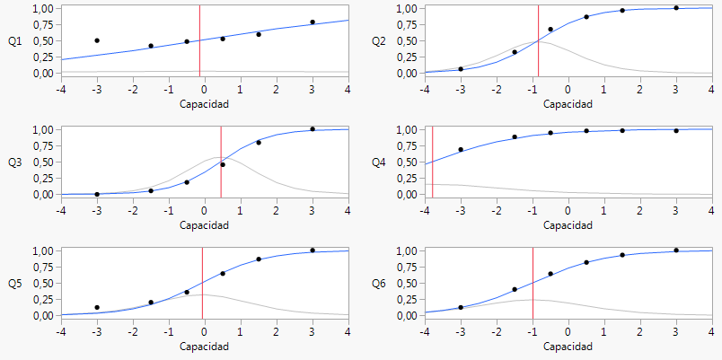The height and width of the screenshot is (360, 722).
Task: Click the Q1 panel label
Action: (x=14, y=41)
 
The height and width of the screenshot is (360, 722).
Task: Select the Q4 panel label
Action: (x=379, y=162)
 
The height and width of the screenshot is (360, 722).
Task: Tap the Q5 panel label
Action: (x=14, y=284)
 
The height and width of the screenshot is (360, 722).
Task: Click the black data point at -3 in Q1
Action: (x=97, y=40)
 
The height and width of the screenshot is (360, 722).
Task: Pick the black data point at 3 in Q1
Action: (x=313, y=22)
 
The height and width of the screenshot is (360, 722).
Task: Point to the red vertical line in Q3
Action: (x=221, y=162)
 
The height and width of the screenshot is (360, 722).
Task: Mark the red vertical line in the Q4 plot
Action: (x=432, y=162)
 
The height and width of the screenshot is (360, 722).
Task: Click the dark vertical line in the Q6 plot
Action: (x=533, y=283)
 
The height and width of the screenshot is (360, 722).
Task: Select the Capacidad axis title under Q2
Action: (x=568, y=103)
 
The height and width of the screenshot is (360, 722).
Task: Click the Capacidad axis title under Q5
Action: (x=204, y=346)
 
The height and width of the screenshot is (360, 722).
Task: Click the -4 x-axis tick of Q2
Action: (x=425, y=89)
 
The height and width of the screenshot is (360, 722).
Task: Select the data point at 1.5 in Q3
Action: (x=259, y=142)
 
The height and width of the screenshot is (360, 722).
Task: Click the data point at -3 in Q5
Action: (x=97, y=308)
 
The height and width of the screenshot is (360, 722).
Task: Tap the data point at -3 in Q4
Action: (x=461, y=150)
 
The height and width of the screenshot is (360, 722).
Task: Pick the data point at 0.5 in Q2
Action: (x=586, y=17)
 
